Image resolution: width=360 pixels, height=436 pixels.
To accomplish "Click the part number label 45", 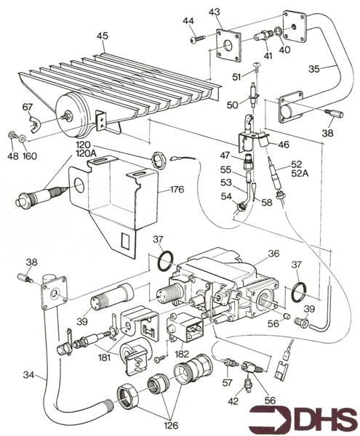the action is pos(103,36).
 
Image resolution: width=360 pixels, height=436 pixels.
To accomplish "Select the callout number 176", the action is pos(177,190).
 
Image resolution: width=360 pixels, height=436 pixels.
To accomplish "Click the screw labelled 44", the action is pos(198,39).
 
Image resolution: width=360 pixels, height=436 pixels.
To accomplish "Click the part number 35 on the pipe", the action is pos(314,69).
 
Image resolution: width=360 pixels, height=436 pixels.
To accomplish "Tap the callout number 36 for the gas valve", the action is pos(273,254).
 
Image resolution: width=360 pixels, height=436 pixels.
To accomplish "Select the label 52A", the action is pos(300,173).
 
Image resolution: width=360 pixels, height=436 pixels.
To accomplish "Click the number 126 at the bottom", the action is pos(171,425).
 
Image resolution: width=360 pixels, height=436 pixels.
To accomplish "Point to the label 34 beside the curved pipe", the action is pos(28,375).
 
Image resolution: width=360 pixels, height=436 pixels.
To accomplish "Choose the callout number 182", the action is pos(181,354).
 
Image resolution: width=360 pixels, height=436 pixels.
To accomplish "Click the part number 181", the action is pos(103,357).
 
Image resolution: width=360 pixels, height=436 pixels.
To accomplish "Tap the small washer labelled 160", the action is pos(22,137).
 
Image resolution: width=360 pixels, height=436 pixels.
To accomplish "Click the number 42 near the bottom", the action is pos(233,401).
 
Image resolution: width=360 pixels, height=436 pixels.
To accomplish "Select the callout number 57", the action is pos(228,383).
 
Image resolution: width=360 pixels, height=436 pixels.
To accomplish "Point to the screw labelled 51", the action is pos(256,67).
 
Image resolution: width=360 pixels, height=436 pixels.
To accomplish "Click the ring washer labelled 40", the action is pos(278,32).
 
